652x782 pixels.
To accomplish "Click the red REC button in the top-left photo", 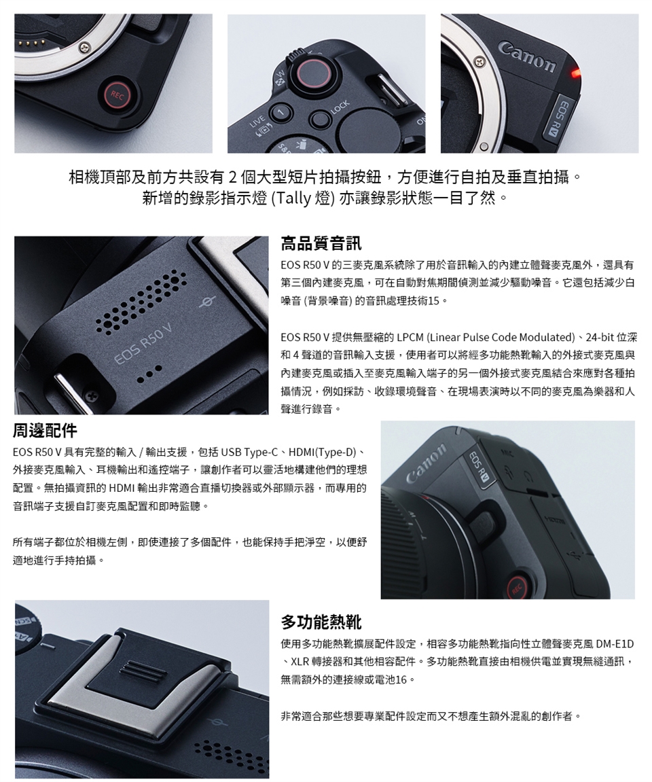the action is pos(117,94).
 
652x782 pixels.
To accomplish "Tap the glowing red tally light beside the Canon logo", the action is pos(576,74).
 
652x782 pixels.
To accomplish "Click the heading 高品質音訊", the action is pos(321,244).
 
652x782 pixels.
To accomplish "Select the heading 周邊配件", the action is pos(45,430).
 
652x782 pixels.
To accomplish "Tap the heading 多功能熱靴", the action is pos(321,622).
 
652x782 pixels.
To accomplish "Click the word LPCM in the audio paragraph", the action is pos(410,337).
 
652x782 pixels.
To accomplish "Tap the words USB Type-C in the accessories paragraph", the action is pos(249,452).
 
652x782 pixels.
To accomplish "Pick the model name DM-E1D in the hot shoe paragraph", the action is pos(615,644).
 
